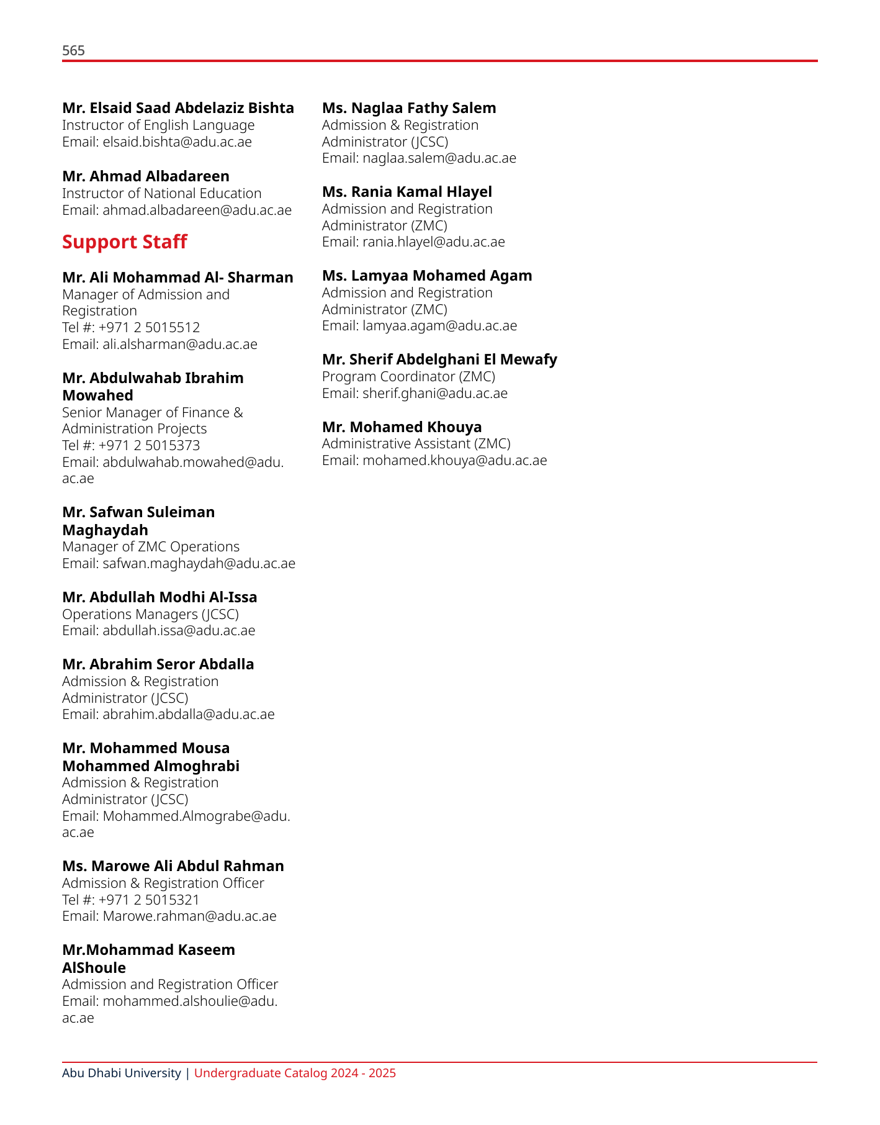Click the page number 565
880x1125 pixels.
(x=73, y=51)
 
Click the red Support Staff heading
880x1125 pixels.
(x=124, y=242)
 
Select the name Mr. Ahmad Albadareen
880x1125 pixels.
(x=146, y=176)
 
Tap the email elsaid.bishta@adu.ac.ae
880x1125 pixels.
(x=177, y=142)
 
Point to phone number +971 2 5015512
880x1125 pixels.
(x=149, y=327)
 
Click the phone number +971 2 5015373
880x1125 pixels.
(x=149, y=445)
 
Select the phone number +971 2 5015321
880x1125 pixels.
(x=149, y=900)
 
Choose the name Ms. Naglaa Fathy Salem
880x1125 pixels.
(x=409, y=108)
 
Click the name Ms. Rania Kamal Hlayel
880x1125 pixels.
(x=406, y=192)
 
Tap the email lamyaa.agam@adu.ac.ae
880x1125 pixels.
(x=439, y=325)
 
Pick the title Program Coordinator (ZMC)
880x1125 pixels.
(x=408, y=376)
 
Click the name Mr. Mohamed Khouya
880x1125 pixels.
(x=402, y=427)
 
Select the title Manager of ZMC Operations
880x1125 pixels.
(x=151, y=546)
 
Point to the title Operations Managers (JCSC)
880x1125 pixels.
(x=150, y=614)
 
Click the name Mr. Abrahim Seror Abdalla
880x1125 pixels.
(x=158, y=664)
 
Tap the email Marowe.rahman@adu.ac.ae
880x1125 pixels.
(x=189, y=916)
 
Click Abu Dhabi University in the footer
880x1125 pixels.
(x=121, y=1073)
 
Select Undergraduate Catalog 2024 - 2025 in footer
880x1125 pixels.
(x=295, y=1073)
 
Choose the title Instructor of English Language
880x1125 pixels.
(x=158, y=125)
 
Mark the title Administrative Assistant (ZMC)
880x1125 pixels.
(x=416, y=443)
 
